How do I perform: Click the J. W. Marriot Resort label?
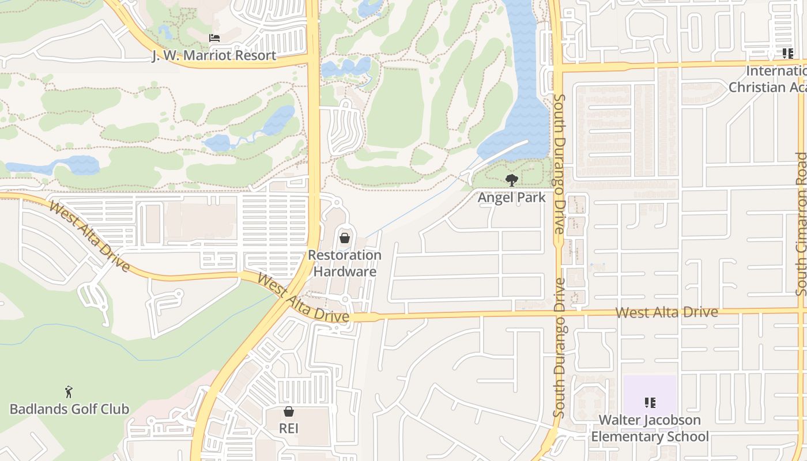point(214,56)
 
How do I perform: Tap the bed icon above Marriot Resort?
point(214,39)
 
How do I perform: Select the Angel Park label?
point(511,197)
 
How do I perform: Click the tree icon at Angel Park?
point(511,180)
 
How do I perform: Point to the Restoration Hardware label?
point(345,263)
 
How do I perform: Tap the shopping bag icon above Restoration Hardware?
point(345,237)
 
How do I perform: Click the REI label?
point(289,429)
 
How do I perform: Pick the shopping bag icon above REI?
point(289,411)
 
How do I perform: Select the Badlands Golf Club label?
point(69,409)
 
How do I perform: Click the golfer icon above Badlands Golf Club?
point(69,392)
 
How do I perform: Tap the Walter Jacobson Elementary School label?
point(650,428)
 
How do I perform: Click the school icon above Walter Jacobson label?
point(650,403)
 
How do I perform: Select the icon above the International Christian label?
point(787,54)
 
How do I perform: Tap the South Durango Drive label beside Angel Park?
point(558,165)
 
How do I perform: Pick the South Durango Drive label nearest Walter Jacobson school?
point(559,348)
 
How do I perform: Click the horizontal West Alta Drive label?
point(666,312)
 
